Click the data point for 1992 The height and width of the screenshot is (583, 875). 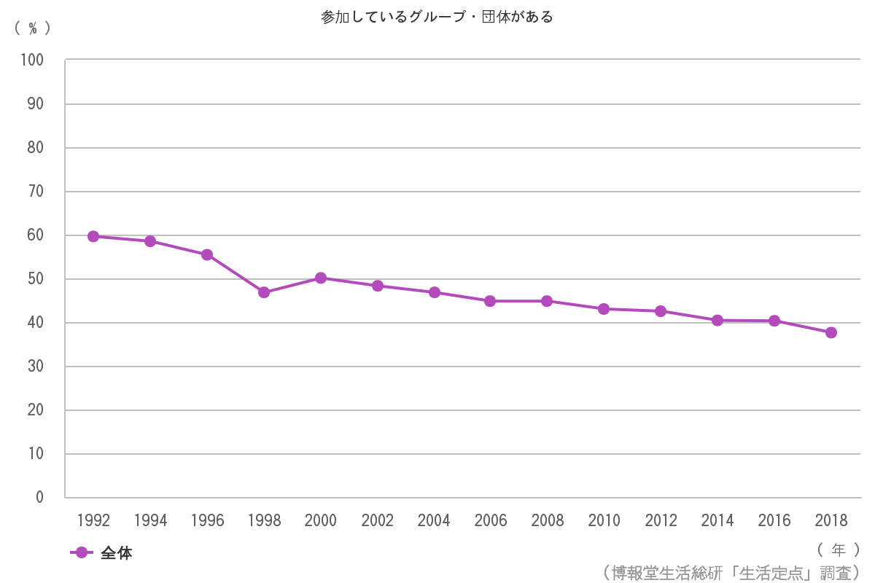[x=93, y=236]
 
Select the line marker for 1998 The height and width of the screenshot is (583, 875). [x=264, y=292]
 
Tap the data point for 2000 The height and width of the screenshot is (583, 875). [x=321, y=278]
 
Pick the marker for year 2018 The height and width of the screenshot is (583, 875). [x=831, y=332]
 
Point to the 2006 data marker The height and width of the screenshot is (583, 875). [x=490, y=301]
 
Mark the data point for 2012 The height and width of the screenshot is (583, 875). [x=661, y=311]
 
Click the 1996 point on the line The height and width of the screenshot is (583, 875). [x=207, y=255]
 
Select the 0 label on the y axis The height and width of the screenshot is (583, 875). [x=39, y=498]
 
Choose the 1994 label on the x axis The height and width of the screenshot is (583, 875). [x=150, y=521]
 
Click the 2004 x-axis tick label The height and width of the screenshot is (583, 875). [x=434, y=521]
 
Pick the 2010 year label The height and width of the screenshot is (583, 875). [x=604, y=521]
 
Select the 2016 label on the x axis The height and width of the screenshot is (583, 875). [x=774, y=521]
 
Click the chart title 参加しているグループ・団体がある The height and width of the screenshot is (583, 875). [x=437, y=17]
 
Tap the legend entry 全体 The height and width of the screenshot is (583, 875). [x=116, y=553]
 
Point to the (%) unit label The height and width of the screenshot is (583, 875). [x=33, y=28]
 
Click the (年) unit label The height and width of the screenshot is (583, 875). [x=839, y=549]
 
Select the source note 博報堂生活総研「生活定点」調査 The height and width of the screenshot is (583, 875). [x=731, y=572]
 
